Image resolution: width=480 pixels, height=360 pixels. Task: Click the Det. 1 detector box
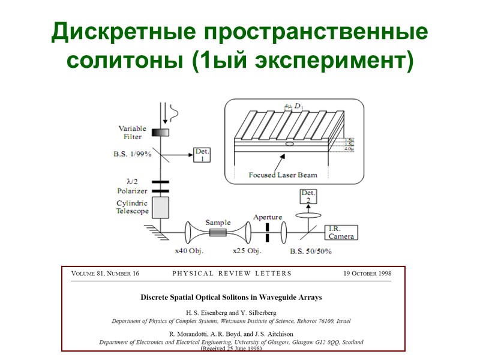(x=202, y=155)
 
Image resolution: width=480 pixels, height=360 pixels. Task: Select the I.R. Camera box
(x=341, y=233)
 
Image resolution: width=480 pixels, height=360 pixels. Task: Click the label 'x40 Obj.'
(x=189, y=251)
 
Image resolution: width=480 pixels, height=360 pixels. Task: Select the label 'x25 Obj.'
(x=248, y=251)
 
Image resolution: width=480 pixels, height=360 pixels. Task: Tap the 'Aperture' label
(x=267, y=217)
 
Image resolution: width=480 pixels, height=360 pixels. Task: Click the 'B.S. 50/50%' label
(x=311, y=251)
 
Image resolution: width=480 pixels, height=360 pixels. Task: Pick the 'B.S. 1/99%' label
(x=133, y=154)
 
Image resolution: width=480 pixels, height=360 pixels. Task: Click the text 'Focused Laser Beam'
(x=283, y=175)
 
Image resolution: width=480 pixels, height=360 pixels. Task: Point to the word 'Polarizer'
(x=132, y=191)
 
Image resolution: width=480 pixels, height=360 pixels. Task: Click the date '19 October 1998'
(x=367, y=274)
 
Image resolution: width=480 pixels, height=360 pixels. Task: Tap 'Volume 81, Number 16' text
(x=106, y=274)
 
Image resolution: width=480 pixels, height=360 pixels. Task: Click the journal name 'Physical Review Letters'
(x=232, y=274)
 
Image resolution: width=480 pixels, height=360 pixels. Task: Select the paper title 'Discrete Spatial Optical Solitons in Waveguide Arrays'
(x=231, y=297)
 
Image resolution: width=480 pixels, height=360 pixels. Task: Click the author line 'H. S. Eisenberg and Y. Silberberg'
(x=231, y=313)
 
